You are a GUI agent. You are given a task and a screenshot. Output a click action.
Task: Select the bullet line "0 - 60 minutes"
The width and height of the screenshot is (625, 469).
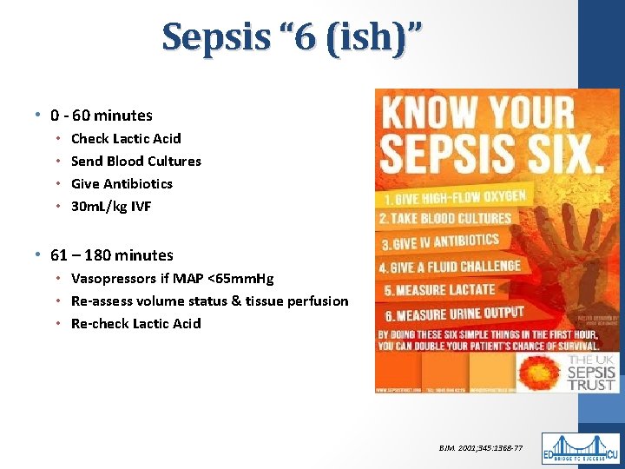point(102,116)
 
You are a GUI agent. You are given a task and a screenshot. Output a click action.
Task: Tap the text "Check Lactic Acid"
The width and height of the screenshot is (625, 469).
point(126,138)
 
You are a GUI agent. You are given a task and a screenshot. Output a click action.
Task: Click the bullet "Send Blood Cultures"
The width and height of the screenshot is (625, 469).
point(135,161)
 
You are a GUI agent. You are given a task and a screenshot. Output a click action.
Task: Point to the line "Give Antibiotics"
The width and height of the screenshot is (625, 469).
point(122,183)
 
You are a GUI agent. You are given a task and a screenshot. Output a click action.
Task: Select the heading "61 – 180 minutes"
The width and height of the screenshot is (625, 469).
point(112,255)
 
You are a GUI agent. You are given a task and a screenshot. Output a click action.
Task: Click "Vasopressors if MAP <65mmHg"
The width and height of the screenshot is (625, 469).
point(172,279)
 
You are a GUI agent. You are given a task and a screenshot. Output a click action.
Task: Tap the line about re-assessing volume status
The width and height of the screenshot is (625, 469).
point(209,301)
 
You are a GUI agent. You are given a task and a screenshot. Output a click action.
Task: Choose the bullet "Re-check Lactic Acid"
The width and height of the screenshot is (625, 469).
point(135,324)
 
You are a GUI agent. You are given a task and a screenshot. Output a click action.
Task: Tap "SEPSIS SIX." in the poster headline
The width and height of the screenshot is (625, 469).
point(491,154)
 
